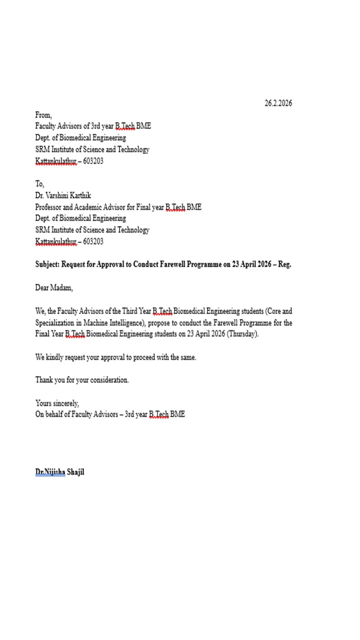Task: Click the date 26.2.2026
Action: tap(278, 103)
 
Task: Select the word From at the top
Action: tap(43, 115)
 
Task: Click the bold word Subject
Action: tap(48, 264)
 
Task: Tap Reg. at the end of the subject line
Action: tap(284, 264)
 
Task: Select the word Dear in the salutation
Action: tap(41, 288)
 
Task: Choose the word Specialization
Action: tap(55, 322)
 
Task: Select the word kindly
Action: tap(54, 357)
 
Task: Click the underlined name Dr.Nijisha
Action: tap(50, 472)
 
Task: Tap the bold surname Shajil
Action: tap(75, 472)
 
